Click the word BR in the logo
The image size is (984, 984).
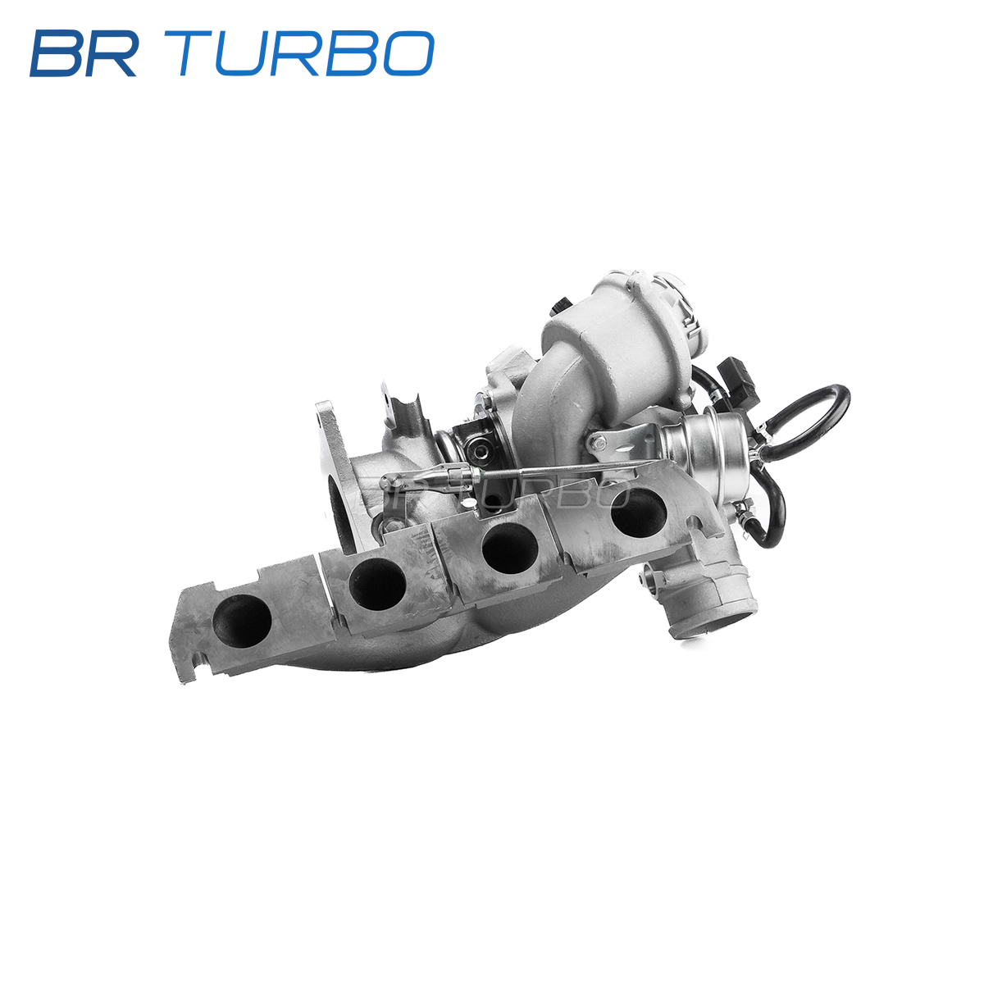click(x=84, y=53)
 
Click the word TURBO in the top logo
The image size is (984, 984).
click(x=306, y=53)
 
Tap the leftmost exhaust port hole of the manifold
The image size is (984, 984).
click(x=242, y=621)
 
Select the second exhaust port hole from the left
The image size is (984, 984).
click(x=377, y=584)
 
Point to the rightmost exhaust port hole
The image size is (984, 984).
click(x=638, y=513)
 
